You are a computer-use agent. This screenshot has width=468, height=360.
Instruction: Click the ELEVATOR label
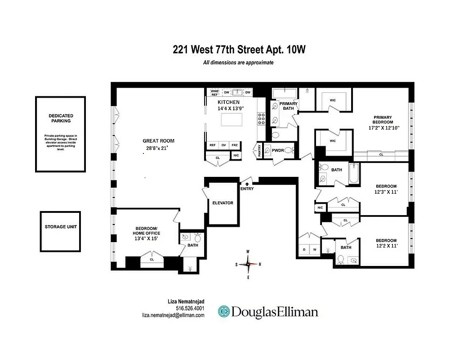coord(223,203)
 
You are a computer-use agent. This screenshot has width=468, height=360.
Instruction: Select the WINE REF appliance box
coord(214,93)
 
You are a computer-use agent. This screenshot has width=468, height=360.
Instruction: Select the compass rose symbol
coord(248,264)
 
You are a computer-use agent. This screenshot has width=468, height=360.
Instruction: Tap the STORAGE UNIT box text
coord(60,227)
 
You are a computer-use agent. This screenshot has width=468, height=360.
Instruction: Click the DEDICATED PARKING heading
coord(60,118)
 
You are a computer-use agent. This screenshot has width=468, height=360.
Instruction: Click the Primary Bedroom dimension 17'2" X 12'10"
coord(383,128)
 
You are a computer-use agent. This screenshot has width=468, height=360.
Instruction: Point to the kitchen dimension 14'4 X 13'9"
coord(228,108)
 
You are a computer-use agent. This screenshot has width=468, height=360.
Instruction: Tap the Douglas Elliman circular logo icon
coord(224,312)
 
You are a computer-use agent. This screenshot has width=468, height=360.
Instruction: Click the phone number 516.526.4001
coord(190,308)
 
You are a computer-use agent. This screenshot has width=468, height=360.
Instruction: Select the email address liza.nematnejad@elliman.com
coord(173,315)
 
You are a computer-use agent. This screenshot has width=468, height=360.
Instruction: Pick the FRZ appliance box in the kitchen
coord(235,145)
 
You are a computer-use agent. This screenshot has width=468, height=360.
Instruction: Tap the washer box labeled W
coord(315,249)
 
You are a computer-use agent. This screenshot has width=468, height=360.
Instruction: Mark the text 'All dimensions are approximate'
coord(238,63)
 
